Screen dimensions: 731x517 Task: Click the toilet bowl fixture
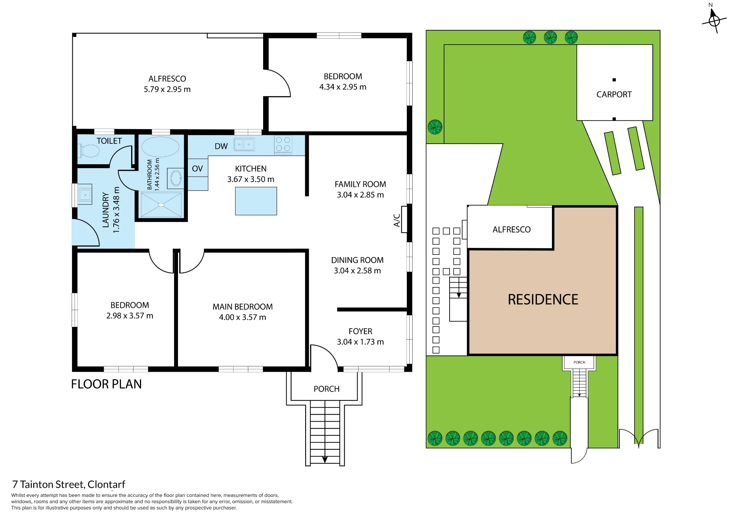88,151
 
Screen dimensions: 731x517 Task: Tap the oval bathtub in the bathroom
160,147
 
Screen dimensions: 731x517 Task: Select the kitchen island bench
256,201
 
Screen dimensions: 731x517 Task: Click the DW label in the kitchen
221,146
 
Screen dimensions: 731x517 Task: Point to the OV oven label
197,169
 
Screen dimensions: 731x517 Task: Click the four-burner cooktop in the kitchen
283,144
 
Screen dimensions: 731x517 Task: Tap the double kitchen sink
244,144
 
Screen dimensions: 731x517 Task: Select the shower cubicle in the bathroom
161,205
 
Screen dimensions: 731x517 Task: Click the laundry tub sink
85,195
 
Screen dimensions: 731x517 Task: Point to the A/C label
397,220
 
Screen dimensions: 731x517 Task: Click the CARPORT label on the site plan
614,94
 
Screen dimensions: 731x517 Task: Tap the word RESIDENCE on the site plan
543,299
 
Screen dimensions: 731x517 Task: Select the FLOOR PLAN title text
106,384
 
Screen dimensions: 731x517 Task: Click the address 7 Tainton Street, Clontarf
69,484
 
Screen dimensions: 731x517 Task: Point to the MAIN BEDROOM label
243,307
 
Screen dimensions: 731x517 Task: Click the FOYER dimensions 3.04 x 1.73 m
360,342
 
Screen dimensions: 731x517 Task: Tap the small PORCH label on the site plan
579,362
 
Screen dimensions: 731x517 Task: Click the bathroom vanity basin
176,178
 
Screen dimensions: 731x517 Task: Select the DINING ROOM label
357,260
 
